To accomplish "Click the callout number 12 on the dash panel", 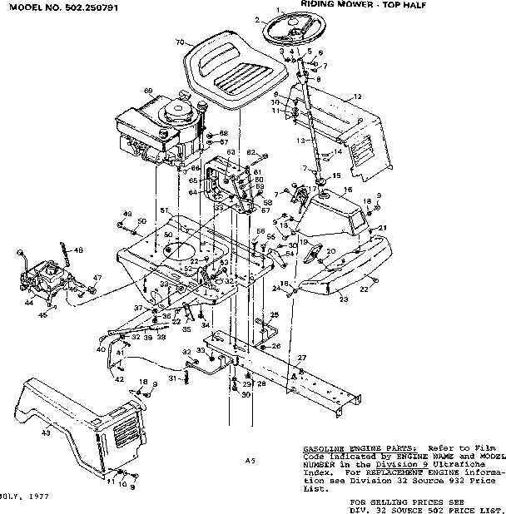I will [x=358, y=97].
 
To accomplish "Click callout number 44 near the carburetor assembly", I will [x=29, y=304].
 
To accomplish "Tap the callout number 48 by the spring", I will [x=78, y=250].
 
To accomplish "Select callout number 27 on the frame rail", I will [x=301, y=358].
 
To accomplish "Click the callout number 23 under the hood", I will [x=344, y=299].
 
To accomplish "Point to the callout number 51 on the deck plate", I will [x=165, y=210].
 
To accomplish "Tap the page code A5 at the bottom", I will [x=250, y=460].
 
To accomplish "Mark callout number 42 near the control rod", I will [x=119, y=379].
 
